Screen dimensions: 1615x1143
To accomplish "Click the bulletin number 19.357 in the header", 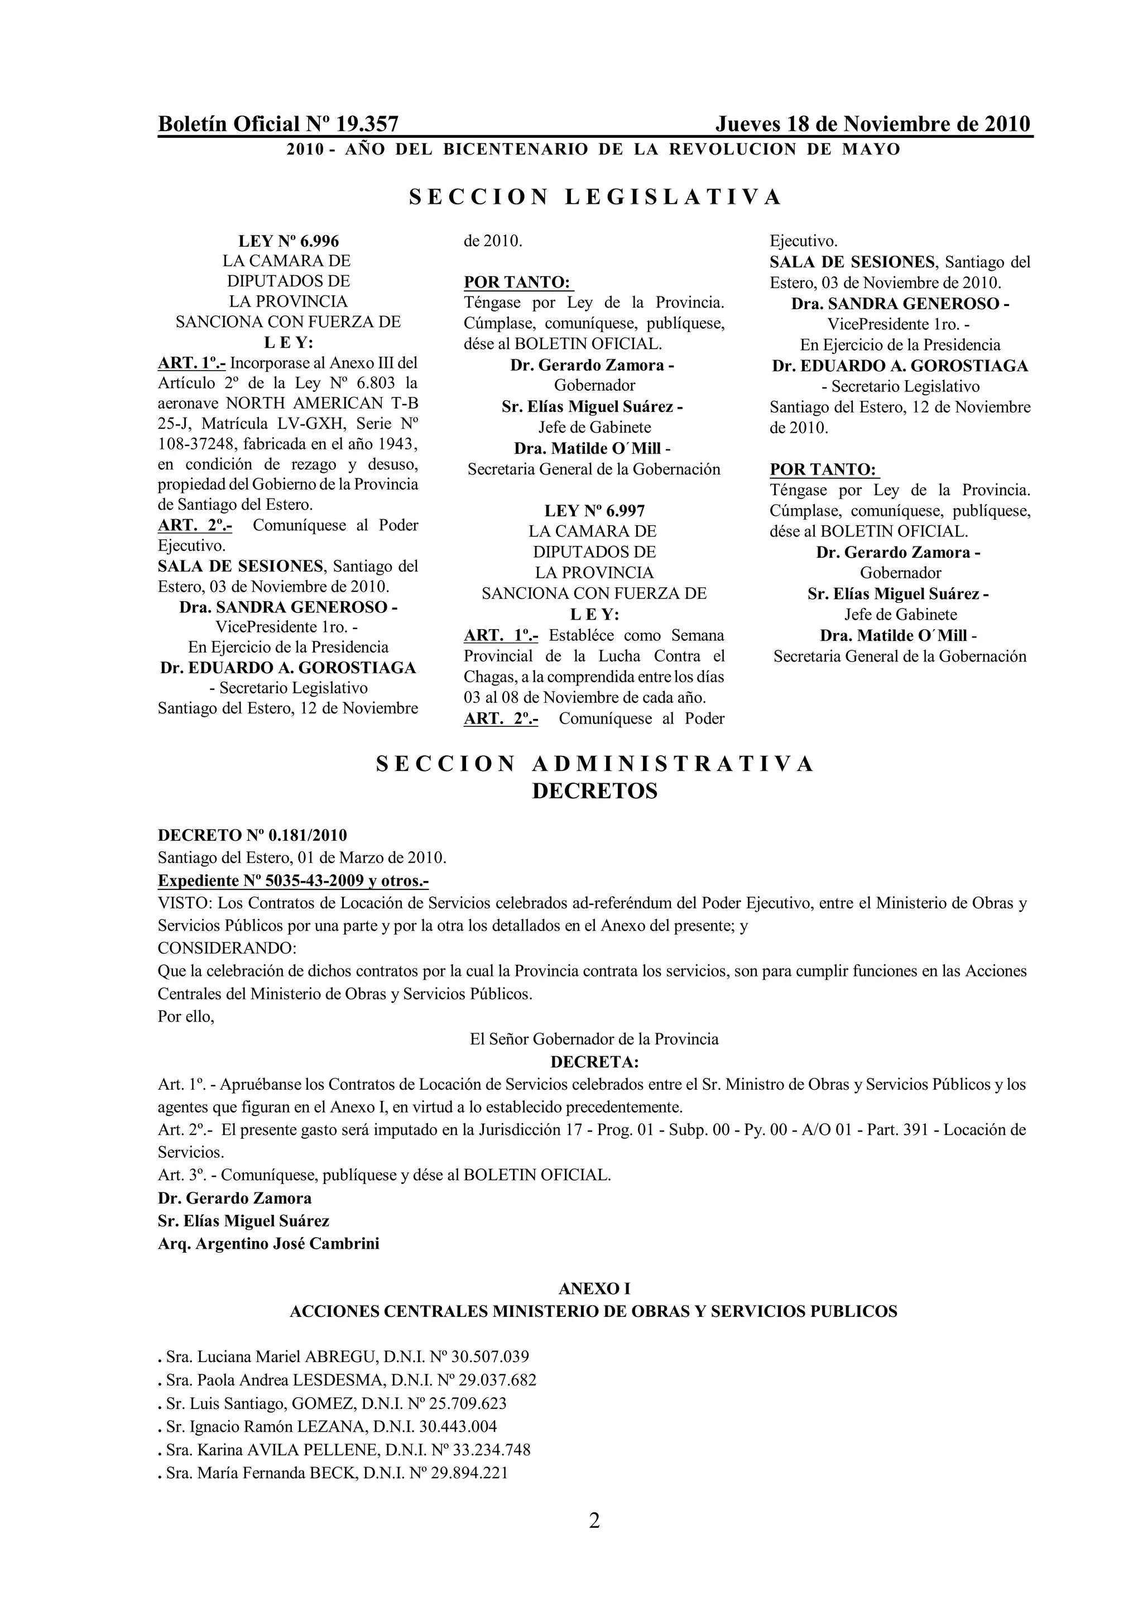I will tap(367, 124).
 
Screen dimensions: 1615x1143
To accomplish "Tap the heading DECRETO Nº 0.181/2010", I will tap(252, 835).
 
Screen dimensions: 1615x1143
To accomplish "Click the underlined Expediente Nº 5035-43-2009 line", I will tap(293, 881).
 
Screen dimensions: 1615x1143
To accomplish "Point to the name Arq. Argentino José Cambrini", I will tap(268, 1243).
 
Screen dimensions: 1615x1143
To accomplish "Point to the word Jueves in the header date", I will tap(747, 124).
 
